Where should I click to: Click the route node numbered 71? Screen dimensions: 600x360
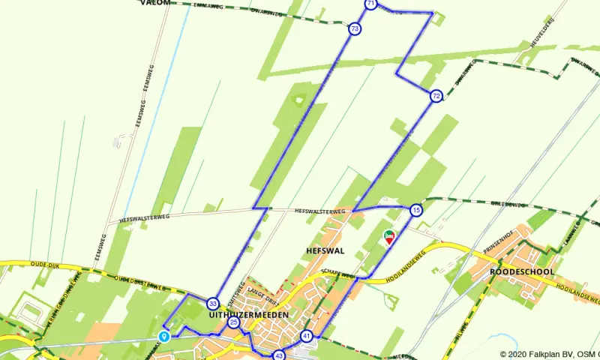[370, 4]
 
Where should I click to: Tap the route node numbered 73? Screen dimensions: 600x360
[354, 29]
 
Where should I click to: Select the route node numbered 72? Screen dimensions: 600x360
[436, 96]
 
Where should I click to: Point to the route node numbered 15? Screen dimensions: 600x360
[416, 211]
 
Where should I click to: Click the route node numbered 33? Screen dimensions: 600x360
[214, 304]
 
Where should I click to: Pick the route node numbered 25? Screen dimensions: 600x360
[234, 322]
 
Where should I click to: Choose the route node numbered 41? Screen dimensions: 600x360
[306, 336]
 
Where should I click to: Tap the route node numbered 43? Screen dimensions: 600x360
[279, 355]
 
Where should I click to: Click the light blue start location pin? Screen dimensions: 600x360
[164, 337]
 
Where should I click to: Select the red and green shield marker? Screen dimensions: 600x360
[388, 238]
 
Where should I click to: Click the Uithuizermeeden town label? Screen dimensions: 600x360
[244, 316]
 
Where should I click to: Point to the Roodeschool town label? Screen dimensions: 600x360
[522, 271]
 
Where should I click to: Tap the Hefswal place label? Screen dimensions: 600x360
[324, 250]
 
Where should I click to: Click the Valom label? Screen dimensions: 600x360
[154, 3]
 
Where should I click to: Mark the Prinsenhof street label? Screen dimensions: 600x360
[496, 245]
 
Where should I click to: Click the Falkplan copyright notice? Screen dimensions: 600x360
[549, 354]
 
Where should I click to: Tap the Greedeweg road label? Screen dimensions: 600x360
[505, 203]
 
